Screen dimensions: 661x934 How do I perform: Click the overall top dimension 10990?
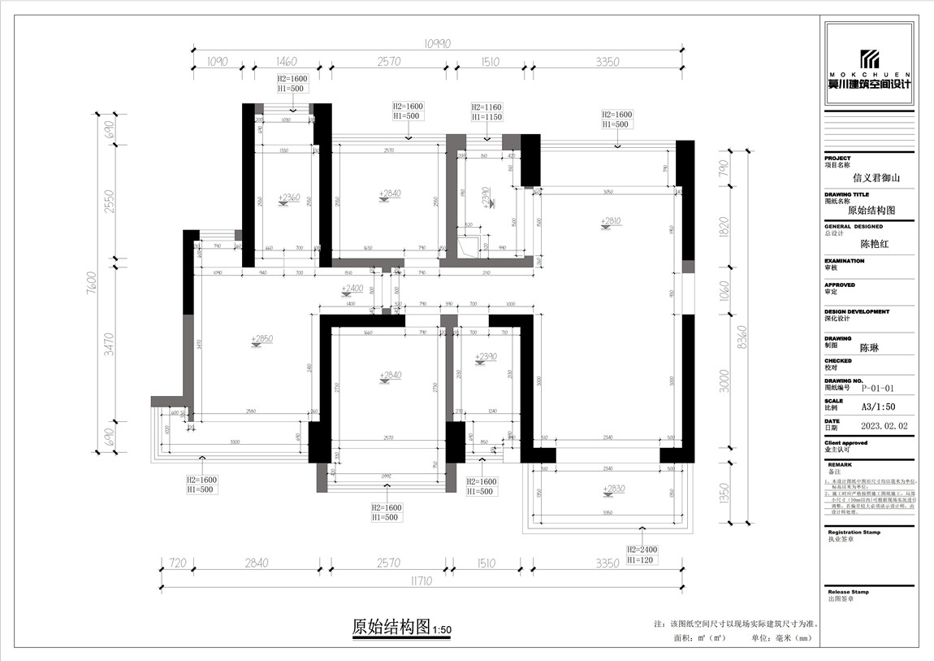click(438, 43)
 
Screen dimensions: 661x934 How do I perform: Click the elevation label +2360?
click(288, 198)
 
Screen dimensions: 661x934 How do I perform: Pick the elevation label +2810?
click(611, 220)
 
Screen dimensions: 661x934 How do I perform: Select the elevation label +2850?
click(262, 338)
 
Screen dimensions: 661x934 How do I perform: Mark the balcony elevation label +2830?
click(614, 489)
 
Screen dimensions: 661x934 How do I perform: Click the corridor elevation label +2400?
click(352, 288)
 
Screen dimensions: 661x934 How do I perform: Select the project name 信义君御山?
click(876, 176)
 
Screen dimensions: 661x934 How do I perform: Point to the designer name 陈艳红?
click(876, 243)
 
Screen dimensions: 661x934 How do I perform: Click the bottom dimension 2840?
click(256, 563)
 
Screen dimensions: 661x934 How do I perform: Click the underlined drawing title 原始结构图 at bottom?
click(390, 627)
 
